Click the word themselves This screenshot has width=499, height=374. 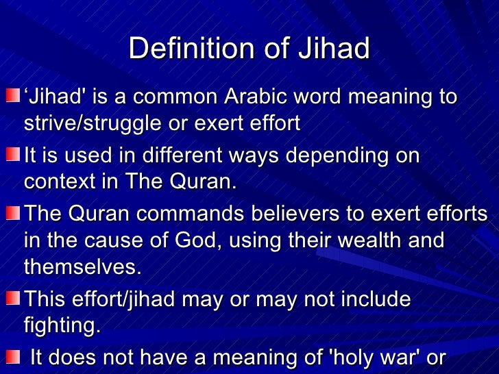(82, 267)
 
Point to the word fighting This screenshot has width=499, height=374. (62, 326)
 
